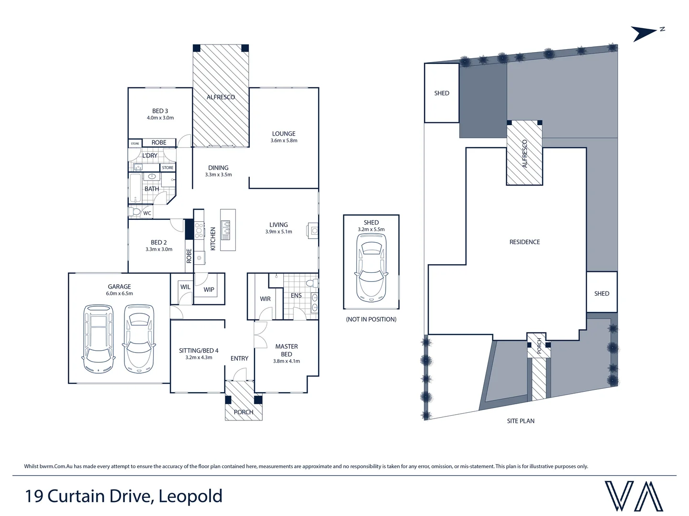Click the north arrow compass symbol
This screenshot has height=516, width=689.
tap(646, 33)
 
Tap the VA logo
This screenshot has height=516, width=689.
tap(633, 496)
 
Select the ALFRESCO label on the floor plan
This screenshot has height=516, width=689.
tap(221, 97)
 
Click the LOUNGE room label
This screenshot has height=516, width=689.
tap(284, 134)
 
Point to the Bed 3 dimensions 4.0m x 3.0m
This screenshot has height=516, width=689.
tap(160, 118)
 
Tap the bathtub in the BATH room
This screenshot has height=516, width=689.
tap(135, 188)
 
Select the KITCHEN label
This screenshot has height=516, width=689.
tap(213, 238)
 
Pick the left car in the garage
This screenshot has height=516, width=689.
tap(98, 339)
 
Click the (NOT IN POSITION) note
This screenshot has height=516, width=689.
tap(371, 319)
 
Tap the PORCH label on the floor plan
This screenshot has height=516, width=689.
tap(244, 412)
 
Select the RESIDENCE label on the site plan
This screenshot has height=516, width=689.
tap(524, 242)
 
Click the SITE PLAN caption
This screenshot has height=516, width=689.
tap(521, 421)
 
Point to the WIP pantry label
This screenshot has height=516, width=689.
tap(209, 290)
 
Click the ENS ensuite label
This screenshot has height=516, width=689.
tap(296, 296)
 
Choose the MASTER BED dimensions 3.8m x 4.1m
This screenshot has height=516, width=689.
tap(287, 361)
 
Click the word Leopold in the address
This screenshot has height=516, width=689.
tap(190, 496)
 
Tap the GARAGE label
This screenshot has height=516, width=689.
tap(119, 287)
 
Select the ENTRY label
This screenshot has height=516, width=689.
tap(239, 358)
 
